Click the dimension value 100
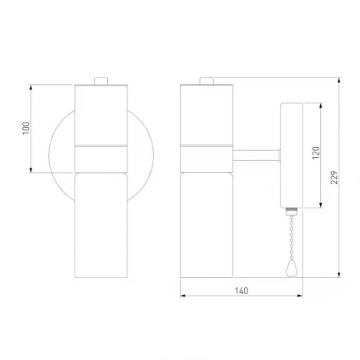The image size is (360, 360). [26, 129]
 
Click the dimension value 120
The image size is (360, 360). [316, 152]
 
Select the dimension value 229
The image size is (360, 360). [334, 177]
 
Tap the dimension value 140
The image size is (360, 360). [241, 291]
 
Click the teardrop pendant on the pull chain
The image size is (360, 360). [291, 269]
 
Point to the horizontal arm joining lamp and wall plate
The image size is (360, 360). [257, 155]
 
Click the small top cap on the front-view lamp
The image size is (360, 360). [101, 81]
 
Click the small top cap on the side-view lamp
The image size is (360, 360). [206, 81]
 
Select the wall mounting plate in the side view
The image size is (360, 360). [292, 155]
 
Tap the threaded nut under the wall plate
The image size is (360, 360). [292, 211]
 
